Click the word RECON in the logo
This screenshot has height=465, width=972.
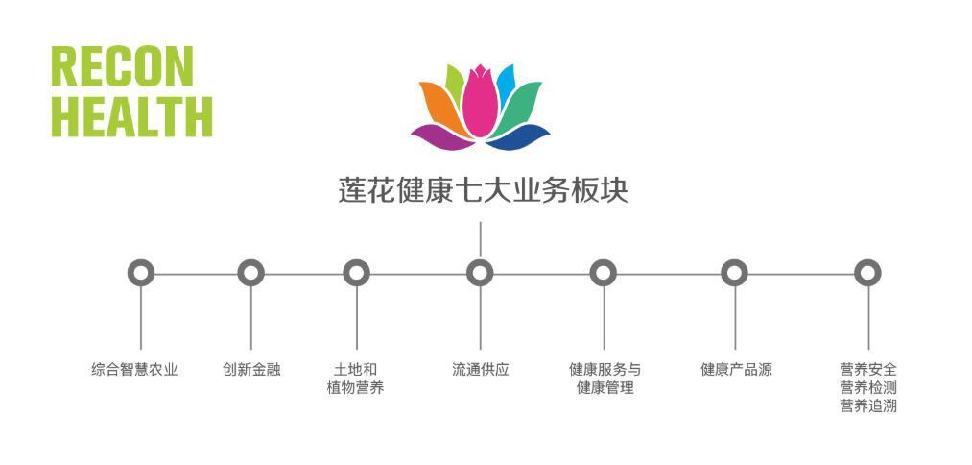point(122,66)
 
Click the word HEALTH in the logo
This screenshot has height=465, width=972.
point(131,115)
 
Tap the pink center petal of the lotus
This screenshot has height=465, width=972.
point(479,101)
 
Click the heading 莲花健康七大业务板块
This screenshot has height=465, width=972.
point(483,189)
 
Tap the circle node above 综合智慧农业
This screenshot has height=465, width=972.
point(141,273)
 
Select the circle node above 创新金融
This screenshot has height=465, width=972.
point(251,273)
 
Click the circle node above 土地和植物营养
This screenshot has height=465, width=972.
point(356,273)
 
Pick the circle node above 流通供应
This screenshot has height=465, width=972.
point(480,273)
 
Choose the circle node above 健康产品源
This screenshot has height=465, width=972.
point(735,273)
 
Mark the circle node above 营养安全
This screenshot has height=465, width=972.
point(867,273)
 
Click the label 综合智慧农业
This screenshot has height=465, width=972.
point(134,369)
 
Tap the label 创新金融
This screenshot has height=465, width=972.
point(251,369)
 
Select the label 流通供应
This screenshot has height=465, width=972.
point(480,369)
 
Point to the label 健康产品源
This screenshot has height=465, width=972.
point(736,369)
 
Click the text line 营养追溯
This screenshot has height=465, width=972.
point(867,405)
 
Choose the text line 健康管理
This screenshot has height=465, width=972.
point(605,388)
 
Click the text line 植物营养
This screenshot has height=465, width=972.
point(355,388)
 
